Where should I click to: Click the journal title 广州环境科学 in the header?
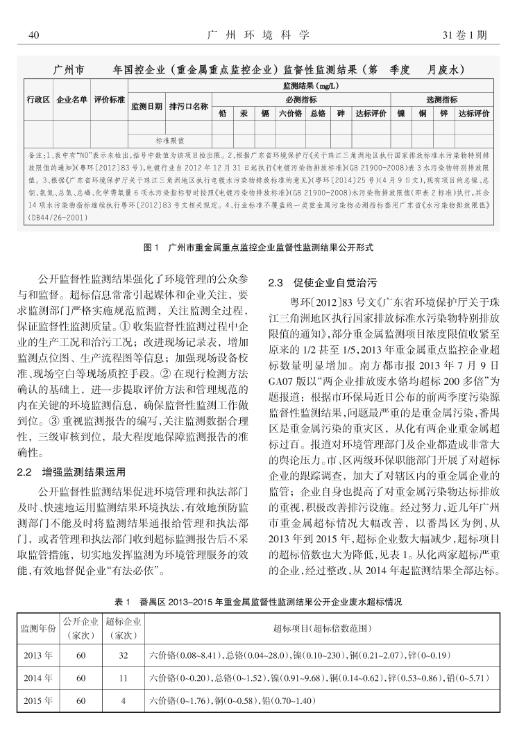point(258,34)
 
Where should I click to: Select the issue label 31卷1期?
point(470,34)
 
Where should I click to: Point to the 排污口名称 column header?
point(189,106)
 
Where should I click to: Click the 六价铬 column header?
point(289,113)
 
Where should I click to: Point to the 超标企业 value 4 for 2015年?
point(123,701)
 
